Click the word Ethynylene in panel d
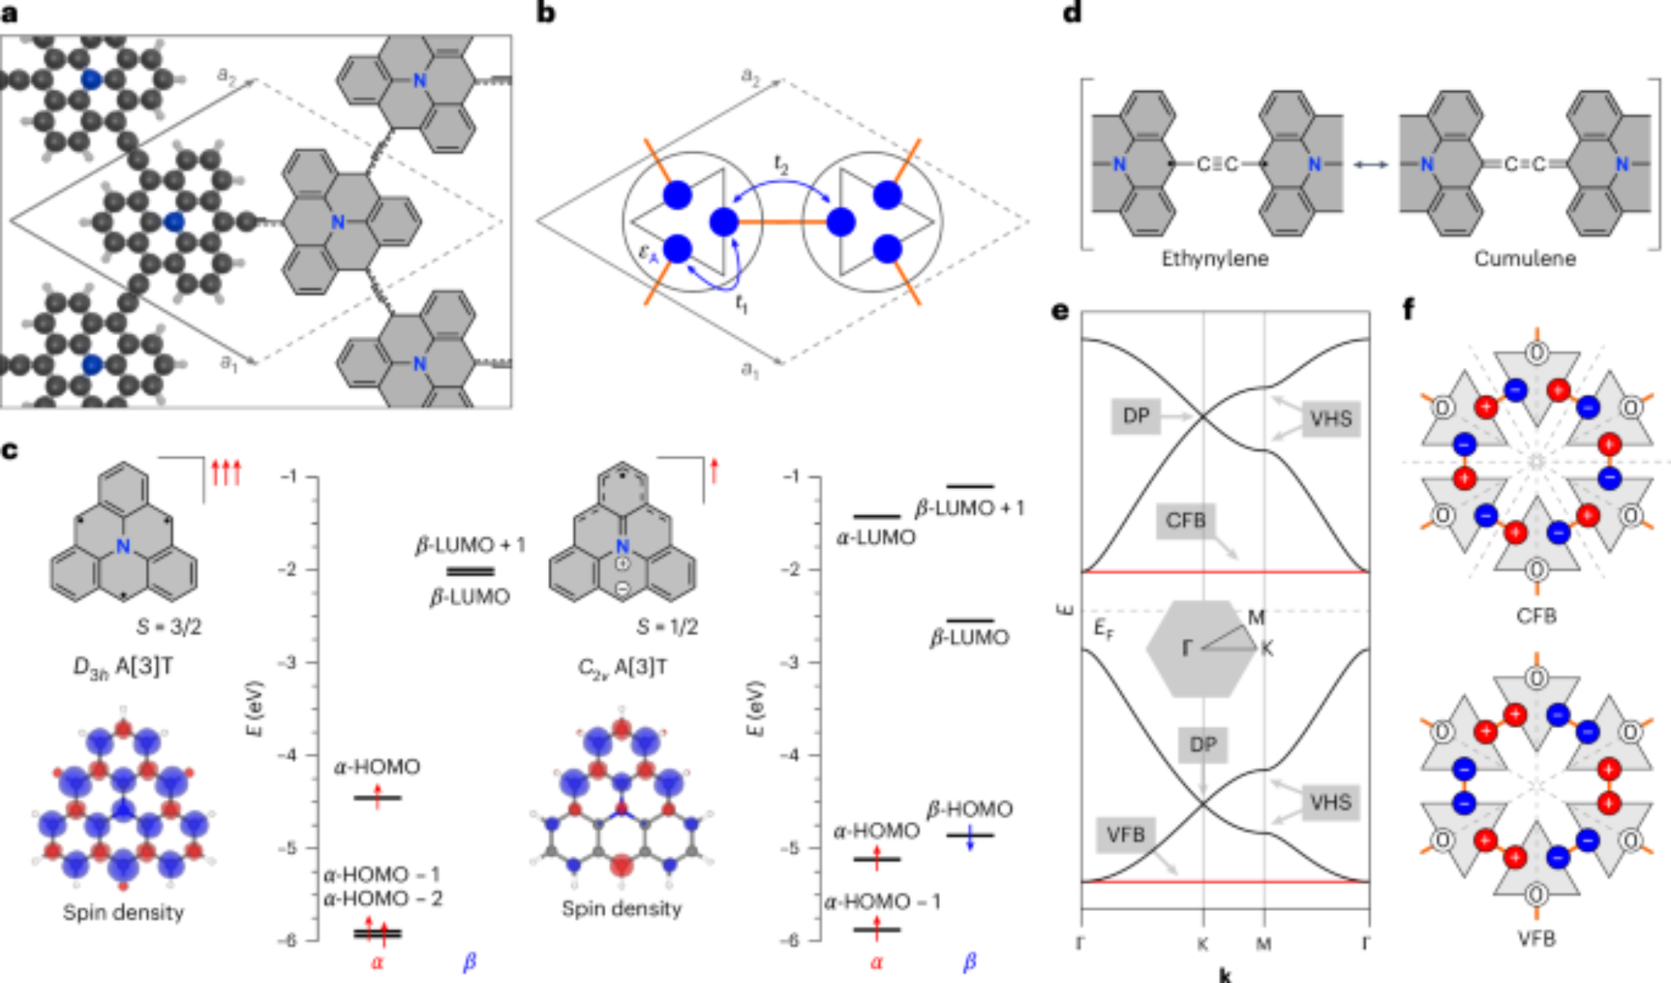(x=1214, y=259)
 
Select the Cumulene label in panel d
(x=1524, y=259)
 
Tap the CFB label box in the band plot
(x=1186, y=521)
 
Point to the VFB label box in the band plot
(x=1125, y=835)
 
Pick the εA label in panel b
(x=648, y=252)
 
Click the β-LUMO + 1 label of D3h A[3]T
(x=470, y=545)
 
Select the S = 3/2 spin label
(x=169, y=627)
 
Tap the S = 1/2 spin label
(x=666, y=627)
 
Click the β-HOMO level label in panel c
(x=969, y=809)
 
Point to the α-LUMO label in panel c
(x=876, y=537)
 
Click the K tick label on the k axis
(x=1202, y=945)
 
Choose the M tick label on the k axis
(x=1263, y=945)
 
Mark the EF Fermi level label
(x=1104, y=630)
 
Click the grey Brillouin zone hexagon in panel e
(x=1201, y=649)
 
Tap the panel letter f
(x=1409, y=310)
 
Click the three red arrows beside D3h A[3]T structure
(x=226, y=473)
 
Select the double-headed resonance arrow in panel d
(x=1371, y=165)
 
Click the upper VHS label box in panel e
(x=1330, y=418)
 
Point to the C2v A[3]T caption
(x=622, y=668)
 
